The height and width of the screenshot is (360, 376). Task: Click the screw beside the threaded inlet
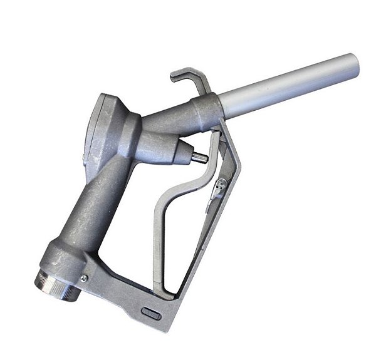pyautogui.click(x=82, y=278)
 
